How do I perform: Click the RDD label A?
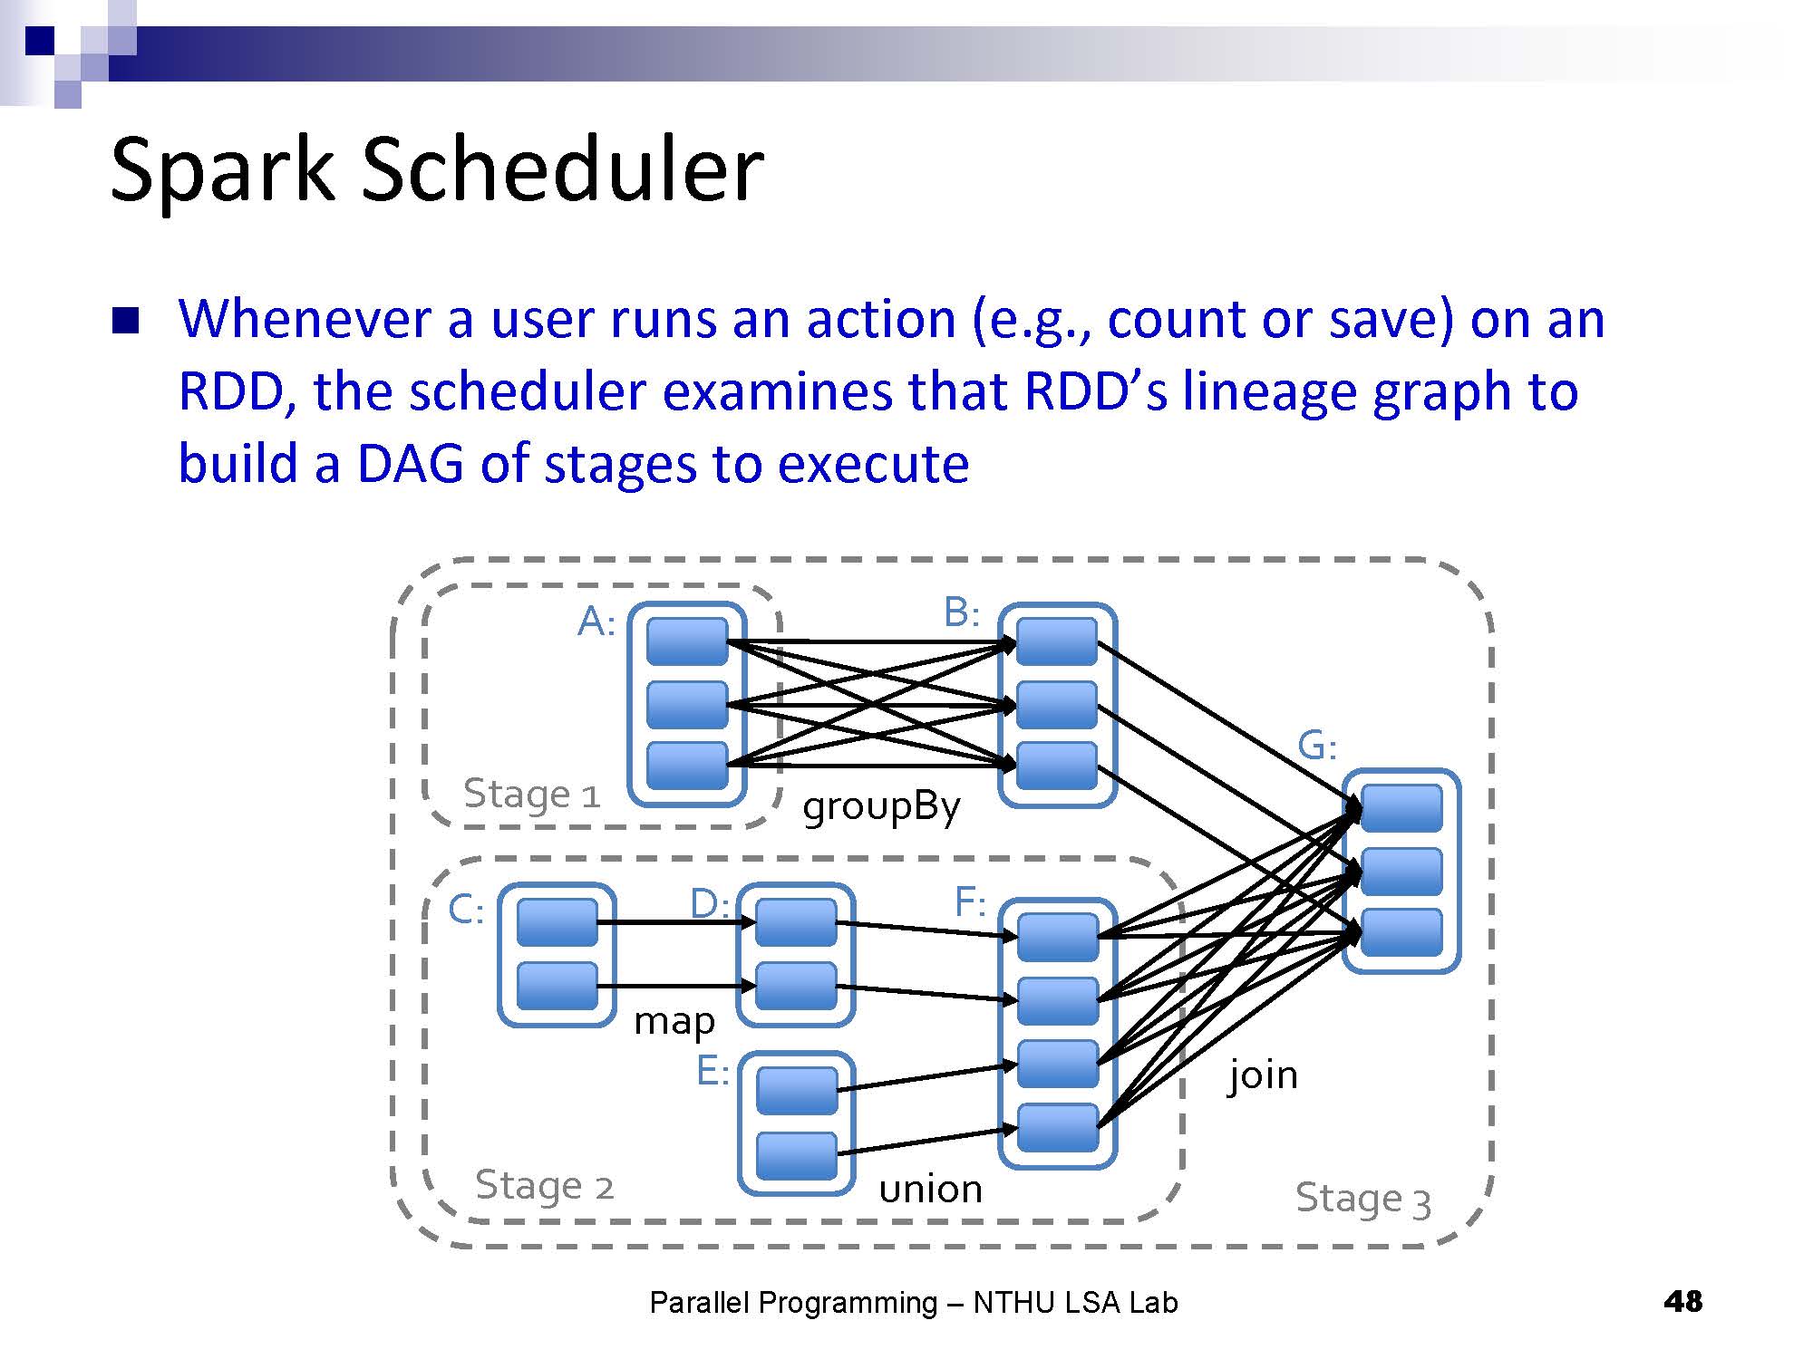tap(596, 622)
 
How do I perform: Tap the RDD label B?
tap(962, 612)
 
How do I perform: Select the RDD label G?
tap(1317, 746)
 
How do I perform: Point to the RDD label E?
tap(713, 1071)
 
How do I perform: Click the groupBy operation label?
tap(881, 806)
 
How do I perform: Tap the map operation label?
tap(674, 1022)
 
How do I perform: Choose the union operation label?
tap(931, 1189)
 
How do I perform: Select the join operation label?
tap(1263, 1075)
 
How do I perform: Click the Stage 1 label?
tap(532, 794)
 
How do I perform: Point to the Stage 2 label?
tap(545, 1185)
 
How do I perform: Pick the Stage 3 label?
tap(1363, 1199)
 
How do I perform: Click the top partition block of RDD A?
tap(687, 641)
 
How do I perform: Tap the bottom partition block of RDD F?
tap(1058, 1128)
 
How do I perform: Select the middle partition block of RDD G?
tap(1401, 871)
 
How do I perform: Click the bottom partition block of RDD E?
tap(797, 1156)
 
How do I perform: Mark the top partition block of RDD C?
tap(557, 922)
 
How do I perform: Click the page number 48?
tap(1683, 1302)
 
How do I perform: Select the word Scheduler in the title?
tap(563, 169)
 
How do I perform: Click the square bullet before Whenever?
tap(125, 322)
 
